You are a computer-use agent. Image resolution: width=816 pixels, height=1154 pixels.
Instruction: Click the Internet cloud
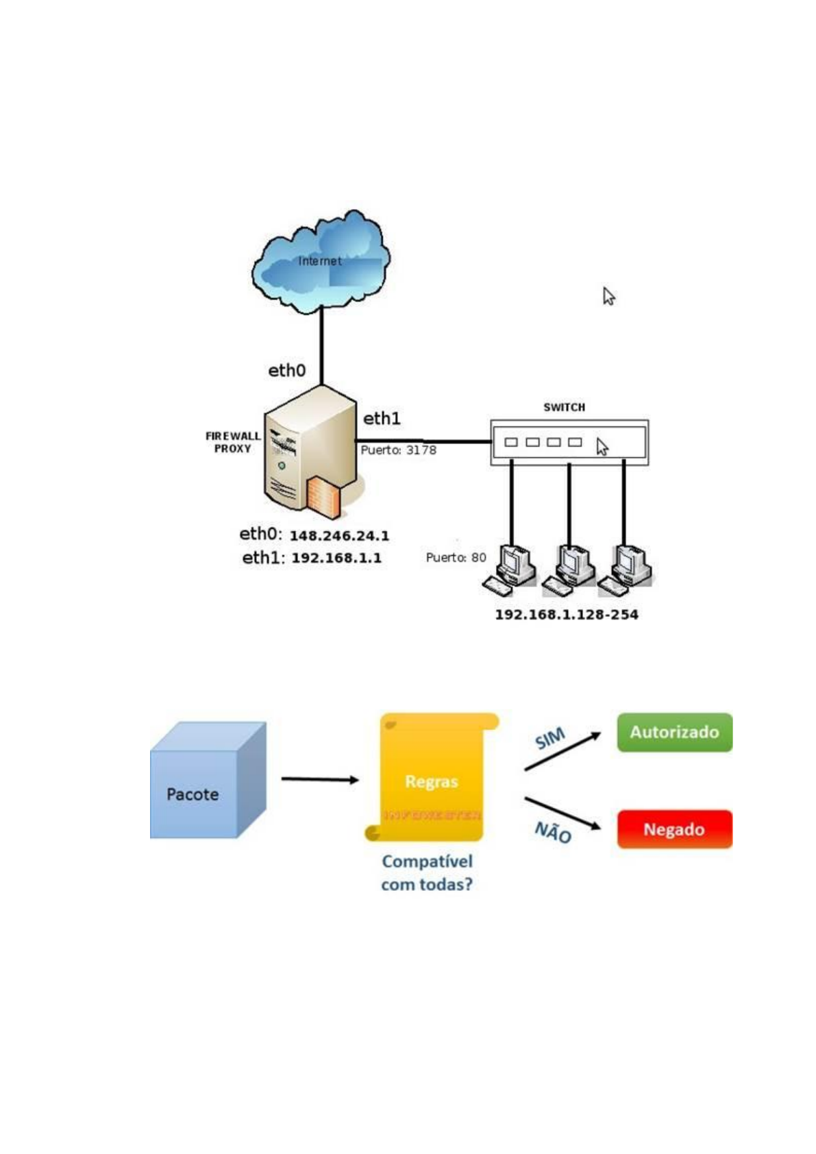coord(321,262)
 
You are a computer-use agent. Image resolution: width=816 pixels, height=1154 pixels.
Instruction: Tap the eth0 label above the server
coord(286,371)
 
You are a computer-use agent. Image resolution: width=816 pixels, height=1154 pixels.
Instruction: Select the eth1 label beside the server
coord(382,418)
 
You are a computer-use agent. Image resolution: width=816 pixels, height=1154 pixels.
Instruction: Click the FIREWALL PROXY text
coord(233,442)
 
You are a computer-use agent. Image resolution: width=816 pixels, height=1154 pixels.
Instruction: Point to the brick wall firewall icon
coord(323,497)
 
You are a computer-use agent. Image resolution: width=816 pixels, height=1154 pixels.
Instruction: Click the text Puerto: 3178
coord(398,450)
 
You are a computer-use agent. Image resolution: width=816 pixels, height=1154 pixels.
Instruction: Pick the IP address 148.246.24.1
coord(339,536)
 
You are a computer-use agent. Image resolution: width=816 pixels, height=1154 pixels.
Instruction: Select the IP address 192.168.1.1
coord(336,558)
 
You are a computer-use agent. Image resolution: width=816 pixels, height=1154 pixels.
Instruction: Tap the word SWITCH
coord(564,407)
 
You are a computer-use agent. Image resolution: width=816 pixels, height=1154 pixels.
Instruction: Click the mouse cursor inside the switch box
coord(602,447)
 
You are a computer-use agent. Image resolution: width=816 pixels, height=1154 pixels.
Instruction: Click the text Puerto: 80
coord(456,558)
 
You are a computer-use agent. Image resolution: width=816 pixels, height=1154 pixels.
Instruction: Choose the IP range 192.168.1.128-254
coord(567,615)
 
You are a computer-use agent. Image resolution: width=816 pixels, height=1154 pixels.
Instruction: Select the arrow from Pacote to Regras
coord(320,779)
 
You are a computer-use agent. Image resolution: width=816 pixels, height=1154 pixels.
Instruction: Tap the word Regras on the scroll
coord(431,782)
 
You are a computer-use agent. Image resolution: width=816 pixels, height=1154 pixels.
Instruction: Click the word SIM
coord(549,739)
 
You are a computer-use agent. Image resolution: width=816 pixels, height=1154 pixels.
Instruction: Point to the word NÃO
coord(552,833)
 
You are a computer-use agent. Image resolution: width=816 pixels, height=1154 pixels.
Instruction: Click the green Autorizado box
coord(674,733)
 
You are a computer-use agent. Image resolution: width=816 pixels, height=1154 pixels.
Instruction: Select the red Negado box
coord(674,830)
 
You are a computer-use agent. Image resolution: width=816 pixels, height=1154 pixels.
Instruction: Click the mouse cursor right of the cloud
coord(608,296)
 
